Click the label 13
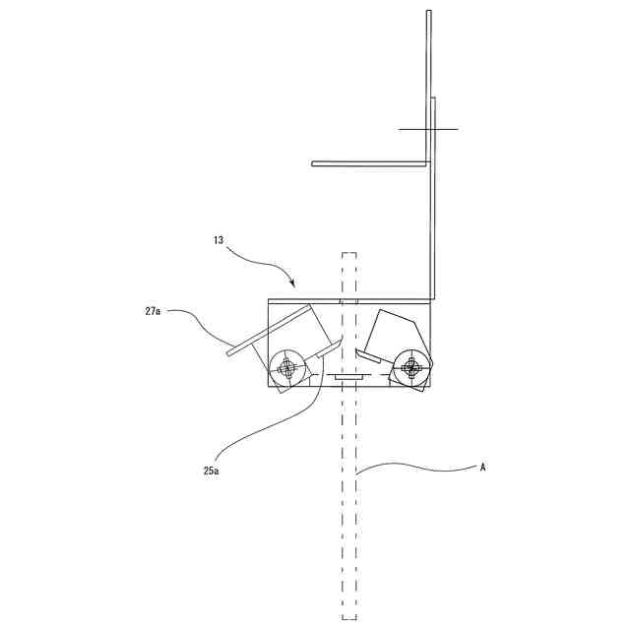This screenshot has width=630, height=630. [219, 239]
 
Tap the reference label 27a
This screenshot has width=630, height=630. [153, 311]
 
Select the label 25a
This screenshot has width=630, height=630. [210, 472]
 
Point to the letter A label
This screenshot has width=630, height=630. [482, 468]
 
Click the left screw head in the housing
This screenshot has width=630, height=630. [287, 368]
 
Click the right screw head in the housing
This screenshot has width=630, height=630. [411, 368]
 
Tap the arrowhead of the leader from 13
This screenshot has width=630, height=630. [292, 285]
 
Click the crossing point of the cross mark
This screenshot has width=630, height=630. [429, 129]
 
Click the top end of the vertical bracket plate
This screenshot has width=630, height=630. [428, 12]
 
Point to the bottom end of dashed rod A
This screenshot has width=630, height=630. [348, 617]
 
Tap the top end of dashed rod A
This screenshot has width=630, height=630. [348, 254]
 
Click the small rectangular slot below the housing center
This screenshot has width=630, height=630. [348, 376]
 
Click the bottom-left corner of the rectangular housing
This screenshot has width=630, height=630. [269, 387]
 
